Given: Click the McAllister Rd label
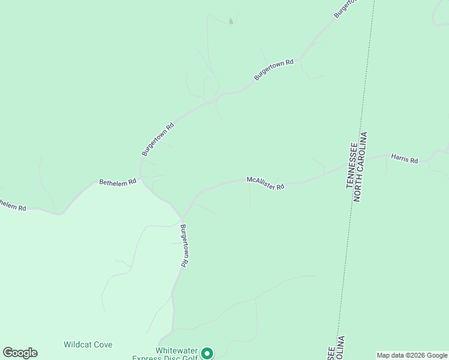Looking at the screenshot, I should (x=265, y=183).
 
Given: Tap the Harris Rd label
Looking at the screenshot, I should (x=404, y=159).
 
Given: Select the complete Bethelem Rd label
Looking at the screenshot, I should (x=113, y=182).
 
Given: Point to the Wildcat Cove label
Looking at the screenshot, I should (x=88, y=344).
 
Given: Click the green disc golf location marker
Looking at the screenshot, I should (x=207, y=353).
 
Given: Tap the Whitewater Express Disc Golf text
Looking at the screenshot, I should (x=176, y=354).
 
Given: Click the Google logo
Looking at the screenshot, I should (x=20, y=353).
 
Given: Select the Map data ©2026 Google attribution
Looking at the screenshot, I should (x=412, y=355).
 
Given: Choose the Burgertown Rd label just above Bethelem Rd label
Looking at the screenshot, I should (x=158, y=139).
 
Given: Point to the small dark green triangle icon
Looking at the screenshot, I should (x=231, y=22).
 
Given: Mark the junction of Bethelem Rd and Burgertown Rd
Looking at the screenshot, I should (x=142, y=179).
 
